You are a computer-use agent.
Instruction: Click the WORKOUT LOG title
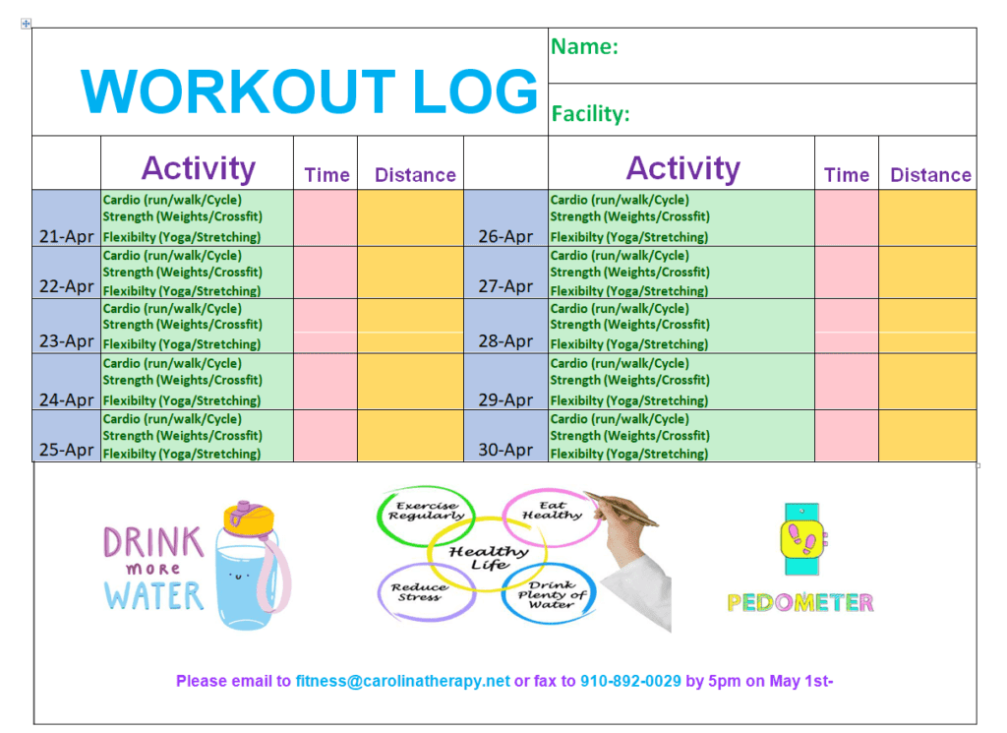[x=309, y=92]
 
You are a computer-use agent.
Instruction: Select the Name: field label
[x=584, y=46]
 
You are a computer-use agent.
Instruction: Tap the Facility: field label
[x=590, y=114]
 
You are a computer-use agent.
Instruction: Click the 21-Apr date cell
[x=67, y=218]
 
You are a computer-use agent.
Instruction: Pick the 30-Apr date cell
[x=506, y=436]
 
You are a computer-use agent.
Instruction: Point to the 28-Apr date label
[x=505, y=341]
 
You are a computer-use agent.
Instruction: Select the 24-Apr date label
[x=67, y=400]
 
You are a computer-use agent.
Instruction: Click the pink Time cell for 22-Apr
[x=326, y=273]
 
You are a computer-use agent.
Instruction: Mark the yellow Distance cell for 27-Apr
[x=927, y=273]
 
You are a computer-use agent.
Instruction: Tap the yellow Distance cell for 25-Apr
[x=410, y=436]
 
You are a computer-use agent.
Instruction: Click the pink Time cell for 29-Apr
[x=847, y=382]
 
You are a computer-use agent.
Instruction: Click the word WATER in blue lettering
[x=154, y=595]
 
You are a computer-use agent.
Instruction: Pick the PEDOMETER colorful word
[x=800, y=602]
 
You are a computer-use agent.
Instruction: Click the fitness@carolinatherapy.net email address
[x=402, y=681]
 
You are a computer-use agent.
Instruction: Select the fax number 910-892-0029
[x=630, y=681]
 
